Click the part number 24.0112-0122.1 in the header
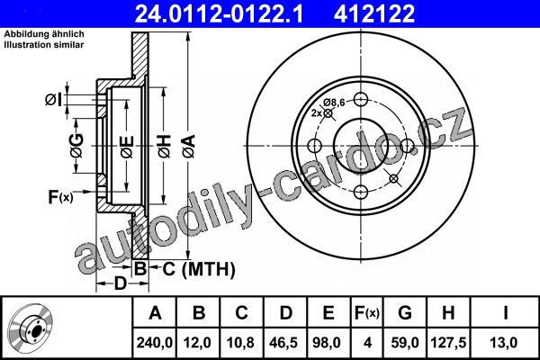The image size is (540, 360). coord(219,13)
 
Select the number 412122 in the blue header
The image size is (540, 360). coord(374,13)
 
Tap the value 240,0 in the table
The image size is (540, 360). coord(154,343)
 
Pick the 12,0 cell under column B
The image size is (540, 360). coord(197,343)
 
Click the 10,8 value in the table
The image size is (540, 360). coord(240,343)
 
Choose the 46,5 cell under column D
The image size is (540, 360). coord(283,343)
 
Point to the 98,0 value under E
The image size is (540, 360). coord(327,343)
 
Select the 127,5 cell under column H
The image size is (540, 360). coord(448,343)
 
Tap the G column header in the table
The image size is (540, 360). coord(405,313)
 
